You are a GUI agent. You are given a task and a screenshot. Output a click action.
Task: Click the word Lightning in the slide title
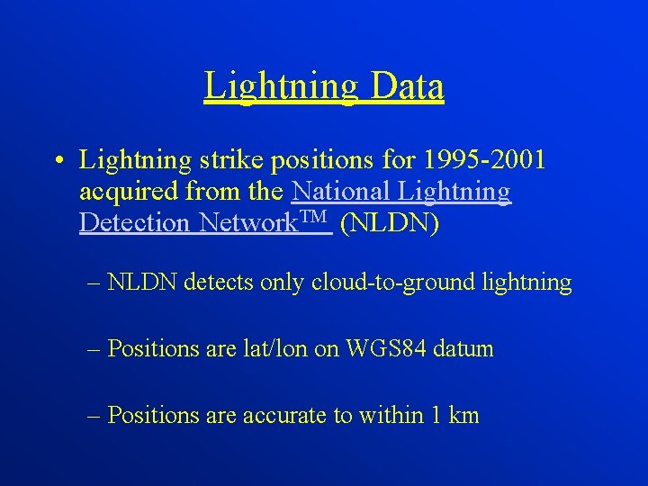point(280,86)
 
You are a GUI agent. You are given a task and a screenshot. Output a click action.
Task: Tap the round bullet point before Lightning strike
point(57,161)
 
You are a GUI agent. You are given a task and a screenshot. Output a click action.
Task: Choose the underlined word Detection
point(136,222)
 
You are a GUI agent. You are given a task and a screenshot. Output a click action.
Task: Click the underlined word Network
point(247,222)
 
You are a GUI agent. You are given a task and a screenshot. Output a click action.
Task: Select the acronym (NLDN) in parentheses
point(390,222)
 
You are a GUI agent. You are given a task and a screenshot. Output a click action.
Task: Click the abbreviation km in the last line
point(463,415)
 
